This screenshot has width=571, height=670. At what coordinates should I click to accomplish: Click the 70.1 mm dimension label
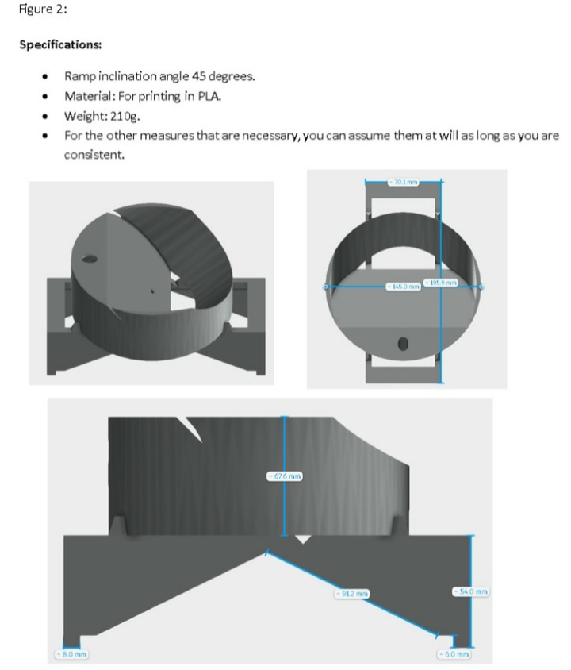click(402, 182)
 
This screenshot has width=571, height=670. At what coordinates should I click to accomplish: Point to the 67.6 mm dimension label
click(283, 476)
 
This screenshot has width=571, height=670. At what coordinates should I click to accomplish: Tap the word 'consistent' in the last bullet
click(92, 155)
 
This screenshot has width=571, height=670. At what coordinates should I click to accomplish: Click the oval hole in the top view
click(403, 343)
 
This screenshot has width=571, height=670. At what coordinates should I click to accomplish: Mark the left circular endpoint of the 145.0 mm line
click(326, 286)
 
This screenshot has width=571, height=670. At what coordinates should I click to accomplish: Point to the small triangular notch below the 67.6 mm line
click(301, 539)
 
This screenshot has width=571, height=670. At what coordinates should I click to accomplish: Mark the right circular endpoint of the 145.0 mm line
click(479, 286)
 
